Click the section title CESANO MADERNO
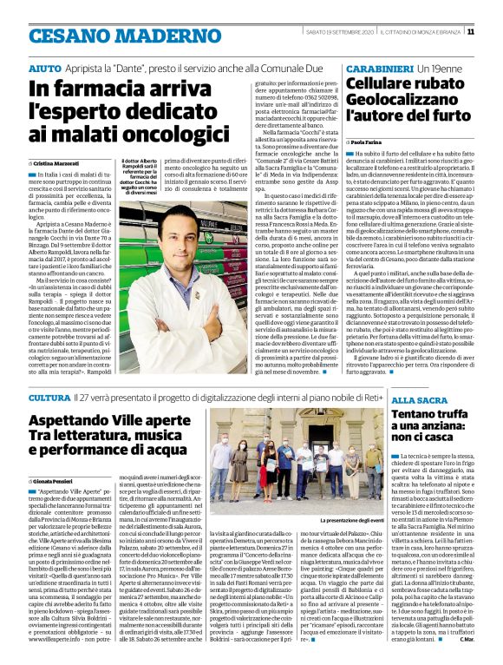[x=97, y=35]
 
